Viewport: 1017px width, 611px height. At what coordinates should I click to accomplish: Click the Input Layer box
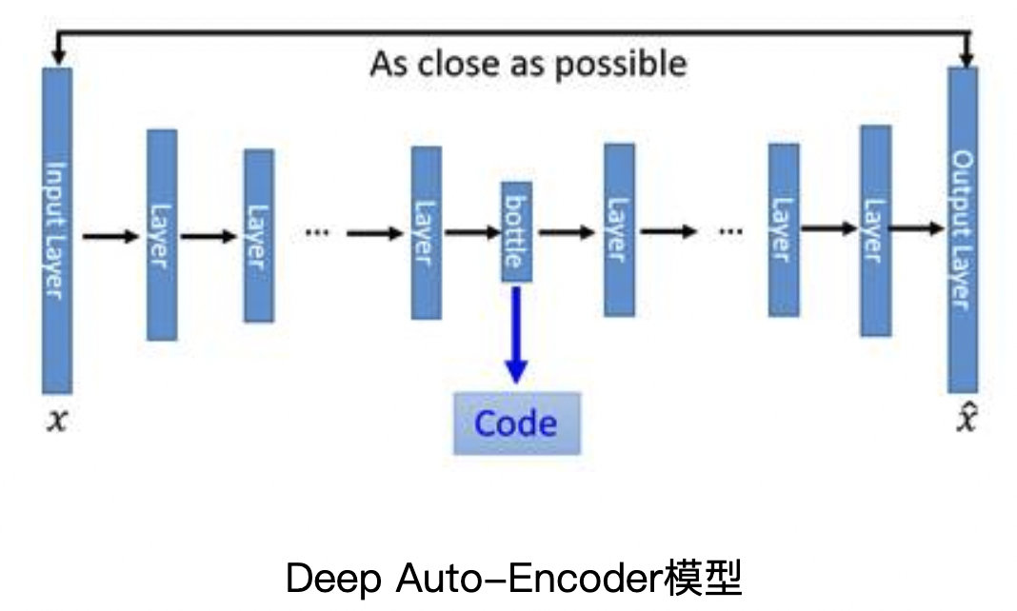pyautogui.click(x=57, y=230)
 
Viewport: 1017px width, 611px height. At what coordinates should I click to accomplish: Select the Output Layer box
pyautogui.click(x=963, y=230)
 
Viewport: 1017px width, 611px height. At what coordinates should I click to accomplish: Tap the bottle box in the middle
pyautogui.click(x=517, y=231)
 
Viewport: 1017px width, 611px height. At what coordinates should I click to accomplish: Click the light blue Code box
pyautogui.click(x=516, y=424)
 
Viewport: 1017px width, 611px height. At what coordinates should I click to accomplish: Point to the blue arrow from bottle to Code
pyautogui.click(x=516, y=333)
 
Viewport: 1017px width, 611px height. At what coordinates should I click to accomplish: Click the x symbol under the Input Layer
pyautogui.click(x=57, y=420)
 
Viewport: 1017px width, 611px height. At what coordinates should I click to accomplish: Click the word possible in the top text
pyautogui.click(x=621, y=65)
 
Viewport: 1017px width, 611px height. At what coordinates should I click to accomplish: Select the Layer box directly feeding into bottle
pyautogui.click(x=426, y=232)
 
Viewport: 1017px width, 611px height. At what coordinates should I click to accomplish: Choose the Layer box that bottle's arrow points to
pyautogui.click(x=619, y=229)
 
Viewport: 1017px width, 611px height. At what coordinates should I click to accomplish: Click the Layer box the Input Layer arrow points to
pyautogui.click(x=162, y=234)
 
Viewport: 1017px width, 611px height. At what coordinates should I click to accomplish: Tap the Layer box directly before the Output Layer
pyautogui.click(x=875, y=230)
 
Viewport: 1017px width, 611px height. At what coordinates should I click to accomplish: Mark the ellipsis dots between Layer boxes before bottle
pyautogui.click(x=316, y=232)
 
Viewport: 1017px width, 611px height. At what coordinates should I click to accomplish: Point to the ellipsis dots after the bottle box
pyautogui.click(x=729, y=230)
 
